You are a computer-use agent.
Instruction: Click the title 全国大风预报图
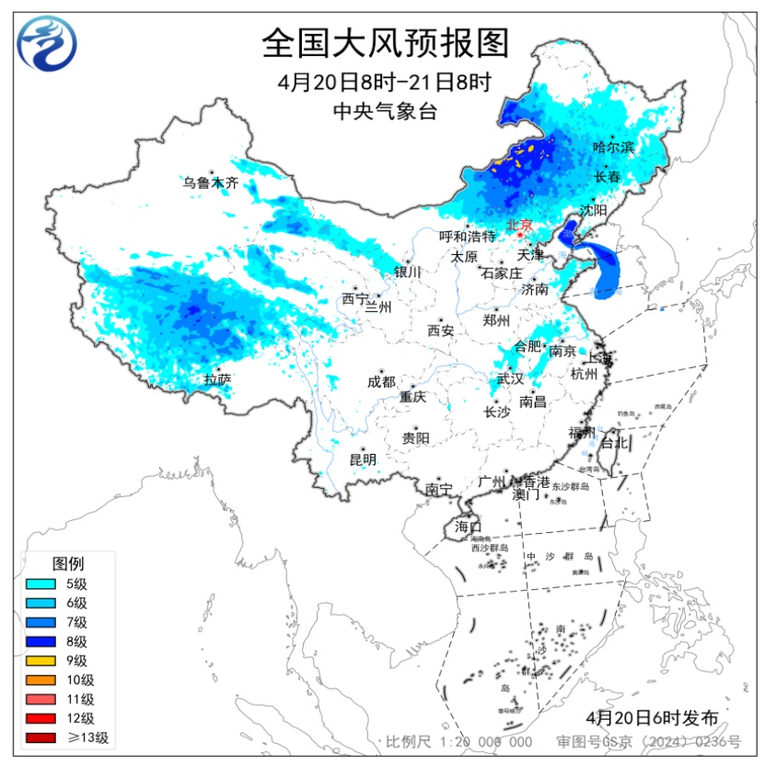384,42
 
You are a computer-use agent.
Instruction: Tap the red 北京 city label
520,225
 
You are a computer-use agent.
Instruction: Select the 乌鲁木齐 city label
210,183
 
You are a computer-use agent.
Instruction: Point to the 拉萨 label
217,378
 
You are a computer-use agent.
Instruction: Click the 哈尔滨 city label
613,147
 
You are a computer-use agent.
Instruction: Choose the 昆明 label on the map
362,458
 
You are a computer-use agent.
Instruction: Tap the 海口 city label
468,527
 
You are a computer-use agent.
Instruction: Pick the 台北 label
613,443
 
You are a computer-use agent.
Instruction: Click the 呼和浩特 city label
467,237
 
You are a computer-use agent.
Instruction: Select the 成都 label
381,381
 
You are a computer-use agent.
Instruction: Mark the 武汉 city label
509,378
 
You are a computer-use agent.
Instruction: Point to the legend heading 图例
68,562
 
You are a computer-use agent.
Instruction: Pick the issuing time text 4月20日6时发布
650,716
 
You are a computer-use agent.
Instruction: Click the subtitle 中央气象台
384,111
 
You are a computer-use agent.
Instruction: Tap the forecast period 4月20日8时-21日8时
384,82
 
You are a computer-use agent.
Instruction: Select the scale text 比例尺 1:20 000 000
458,742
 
